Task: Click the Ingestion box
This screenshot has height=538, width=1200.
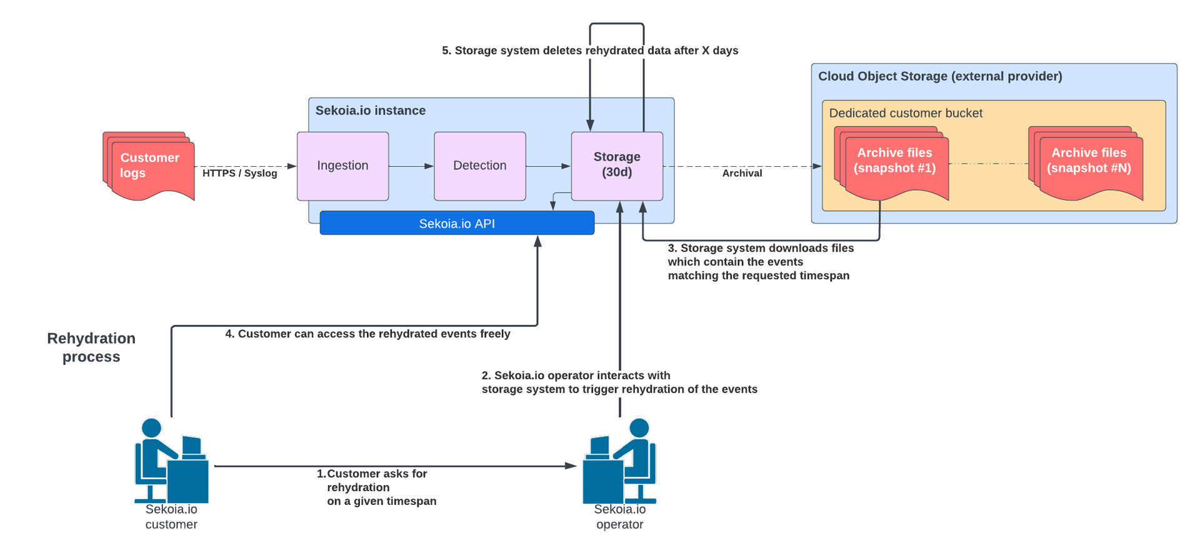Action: [x=342, y=166]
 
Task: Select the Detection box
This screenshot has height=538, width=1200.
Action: [x=479, y=166]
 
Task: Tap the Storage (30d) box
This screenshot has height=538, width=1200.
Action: [x=616, y=165]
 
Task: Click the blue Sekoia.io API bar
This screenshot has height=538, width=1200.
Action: [x=457, y=223]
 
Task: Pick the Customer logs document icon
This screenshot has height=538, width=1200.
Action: [x=149, y=166]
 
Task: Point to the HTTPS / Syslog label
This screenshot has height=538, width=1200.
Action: [x=239, y=173]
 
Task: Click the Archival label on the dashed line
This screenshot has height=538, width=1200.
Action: [x=742, y=173]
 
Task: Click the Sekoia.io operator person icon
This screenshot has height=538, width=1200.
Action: [x=619, y=462]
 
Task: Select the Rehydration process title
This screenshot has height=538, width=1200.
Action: [x=91, y=347]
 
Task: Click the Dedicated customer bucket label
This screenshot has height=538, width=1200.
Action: [x=905, y=113]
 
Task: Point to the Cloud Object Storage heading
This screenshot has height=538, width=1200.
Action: [x=939, y=76]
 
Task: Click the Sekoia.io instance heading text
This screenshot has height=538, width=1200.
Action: [x=370, y=111]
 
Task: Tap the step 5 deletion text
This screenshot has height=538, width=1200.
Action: [x=589, y=51]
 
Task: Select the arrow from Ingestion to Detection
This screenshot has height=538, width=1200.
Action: [x=411, y=166]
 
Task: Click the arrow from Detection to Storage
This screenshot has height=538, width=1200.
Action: [x=547, y=166]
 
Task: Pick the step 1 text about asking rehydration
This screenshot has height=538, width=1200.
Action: [x=376, y=487]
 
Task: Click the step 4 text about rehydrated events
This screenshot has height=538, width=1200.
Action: [x=367, y=334]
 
